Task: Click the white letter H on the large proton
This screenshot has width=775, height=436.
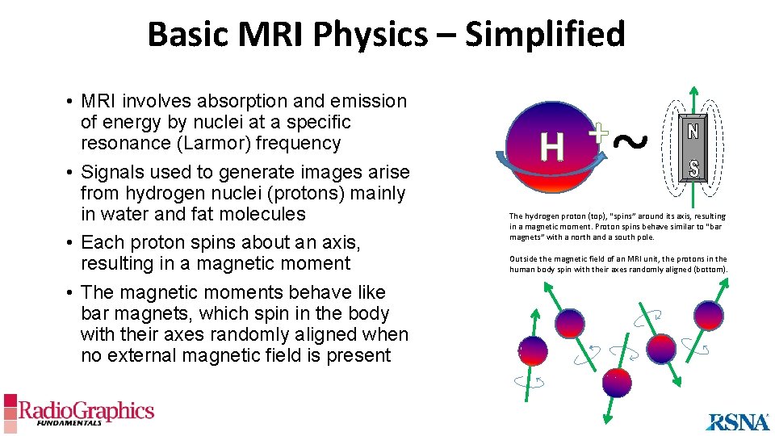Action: [552, 147]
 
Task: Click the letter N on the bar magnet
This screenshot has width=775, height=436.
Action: [693, 132]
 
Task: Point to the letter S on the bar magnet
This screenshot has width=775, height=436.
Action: [693, 169]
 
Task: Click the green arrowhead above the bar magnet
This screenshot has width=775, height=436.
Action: [693, 91]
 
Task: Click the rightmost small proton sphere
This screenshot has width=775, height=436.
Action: [709, 314]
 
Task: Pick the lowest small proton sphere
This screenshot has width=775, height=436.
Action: [618, 383]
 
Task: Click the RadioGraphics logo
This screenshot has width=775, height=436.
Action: [78, 411]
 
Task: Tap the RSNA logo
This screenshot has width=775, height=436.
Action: [737, 421]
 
